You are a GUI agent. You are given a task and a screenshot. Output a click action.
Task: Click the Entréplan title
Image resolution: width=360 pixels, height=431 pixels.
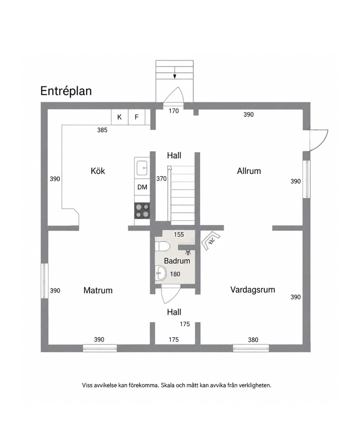pyautogui.click(x=66, y=91)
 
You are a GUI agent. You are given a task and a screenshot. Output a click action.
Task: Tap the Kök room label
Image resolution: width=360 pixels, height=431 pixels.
pyautogui.click(x=98, y=171)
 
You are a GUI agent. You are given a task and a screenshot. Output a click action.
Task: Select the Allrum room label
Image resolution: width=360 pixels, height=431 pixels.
pyautogui.click(x=249, y=171)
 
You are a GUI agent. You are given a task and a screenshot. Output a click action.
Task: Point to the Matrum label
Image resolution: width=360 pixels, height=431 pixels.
pyautogui.click(x=98, y=290)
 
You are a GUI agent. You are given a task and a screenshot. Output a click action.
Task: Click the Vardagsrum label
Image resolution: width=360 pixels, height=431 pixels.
pyautogui.click(x=253, y=290)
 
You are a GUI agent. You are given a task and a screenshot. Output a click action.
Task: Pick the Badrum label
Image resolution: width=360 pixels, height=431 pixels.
pyautogui.click(x=177, y=261)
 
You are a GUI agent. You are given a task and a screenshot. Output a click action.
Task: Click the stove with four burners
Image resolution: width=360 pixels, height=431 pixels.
pyautogui.click(x=142, y=211)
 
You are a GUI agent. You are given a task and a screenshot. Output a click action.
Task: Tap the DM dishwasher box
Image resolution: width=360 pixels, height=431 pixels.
pyautogui.click(x=142, y=187)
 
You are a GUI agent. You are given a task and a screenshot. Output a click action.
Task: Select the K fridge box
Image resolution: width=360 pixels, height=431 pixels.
pyautogui.click(x=119, y=117)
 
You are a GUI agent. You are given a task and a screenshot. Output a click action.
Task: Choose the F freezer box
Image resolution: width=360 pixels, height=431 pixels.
pyautogui.click(x=136, y=117)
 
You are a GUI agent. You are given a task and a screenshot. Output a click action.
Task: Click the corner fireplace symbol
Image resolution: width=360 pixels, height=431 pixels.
pyautogui.click(x=211, y=240)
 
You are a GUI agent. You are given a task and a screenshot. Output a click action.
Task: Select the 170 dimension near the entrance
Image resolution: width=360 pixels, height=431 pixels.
pyautogui.click(x=174, y=111)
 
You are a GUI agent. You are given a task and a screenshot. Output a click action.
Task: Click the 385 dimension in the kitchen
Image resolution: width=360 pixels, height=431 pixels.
pyautogui.click(x=102, y=130)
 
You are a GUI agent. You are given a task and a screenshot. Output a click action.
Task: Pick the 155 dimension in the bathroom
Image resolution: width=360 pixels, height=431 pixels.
pyautogui.click(x=179, y=235)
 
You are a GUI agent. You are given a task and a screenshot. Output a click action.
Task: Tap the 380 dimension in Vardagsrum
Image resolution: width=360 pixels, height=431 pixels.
pyautogui.click(x=253, y=340)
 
